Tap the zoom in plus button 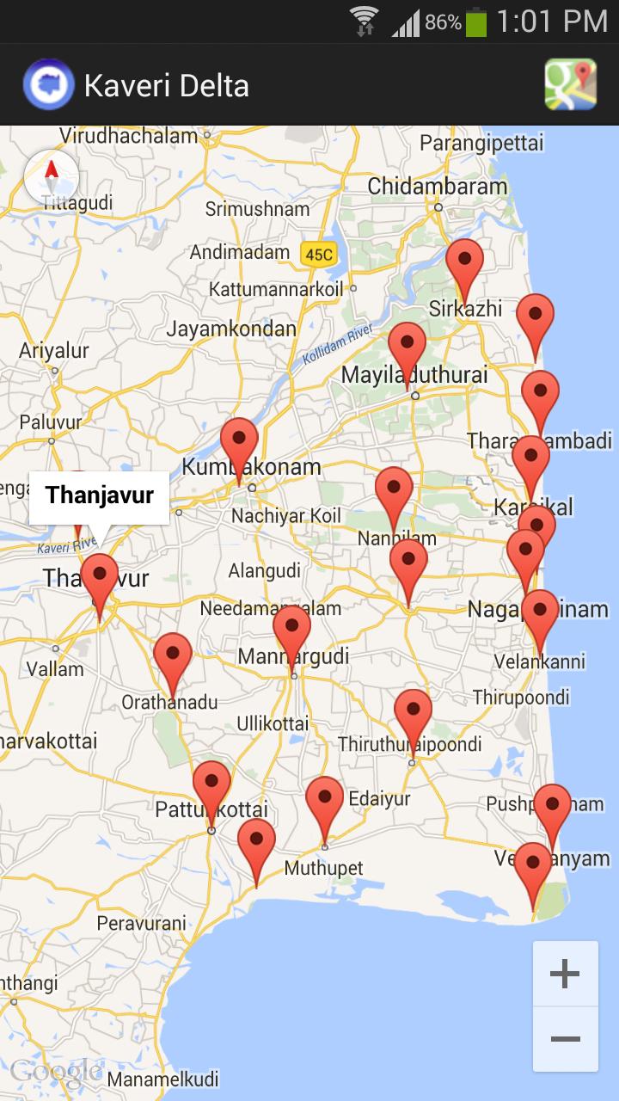pyautogui.click(x=565, y=974)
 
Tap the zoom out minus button pyautogui.click(x=565, y=1039)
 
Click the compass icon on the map pyautogui.click(x=52, y=178)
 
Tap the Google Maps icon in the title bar pyautogui.click(x=570, y=84)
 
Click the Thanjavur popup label pyautogui.click(x=100, y=496)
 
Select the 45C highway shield pyautogui.click(x=318, y=254)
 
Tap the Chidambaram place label pyautogui.click(x=438, y=187)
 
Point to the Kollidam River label pyautogui.click(x=337, y=345)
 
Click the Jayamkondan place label pyautogui.click(x=231, y=329)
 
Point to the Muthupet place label pyautogui.click(x=324, y=868)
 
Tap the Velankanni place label pyautogui.click(x=540, y=661)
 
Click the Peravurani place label pyautogui.click(x=141, y=923)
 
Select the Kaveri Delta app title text pyautogui.click(x=167, y=85)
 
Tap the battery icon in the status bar pyautogui.click(x=475, y=22)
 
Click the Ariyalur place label pyautogui.click(x=54, y=350)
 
